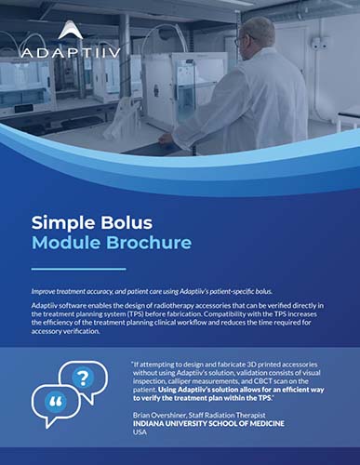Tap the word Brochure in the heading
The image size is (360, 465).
click(x=151, y=245)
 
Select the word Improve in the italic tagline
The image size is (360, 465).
click(x=46, y=292)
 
